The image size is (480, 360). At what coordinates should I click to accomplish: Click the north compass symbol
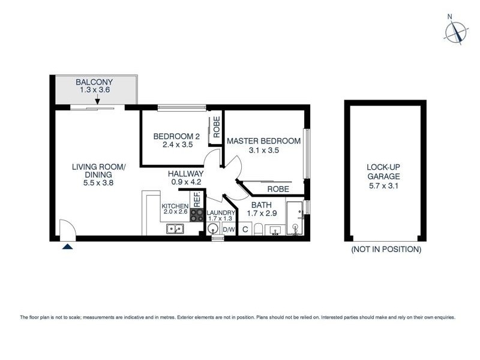click(455, 31)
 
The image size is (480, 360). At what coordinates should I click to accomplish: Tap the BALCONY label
click(94, 82)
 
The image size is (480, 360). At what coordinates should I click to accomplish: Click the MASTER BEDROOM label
click(263, 141)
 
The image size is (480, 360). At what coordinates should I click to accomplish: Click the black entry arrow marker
click(67, 245)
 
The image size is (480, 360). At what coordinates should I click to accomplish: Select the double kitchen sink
click(176, 229)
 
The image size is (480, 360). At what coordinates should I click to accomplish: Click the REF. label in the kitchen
click(196, 199)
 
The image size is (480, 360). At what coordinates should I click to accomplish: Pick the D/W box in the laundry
click(229, 230)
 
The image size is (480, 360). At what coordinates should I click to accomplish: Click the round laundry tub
click(213, 229)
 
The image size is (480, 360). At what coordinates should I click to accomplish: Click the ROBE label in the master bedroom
click(278, 189)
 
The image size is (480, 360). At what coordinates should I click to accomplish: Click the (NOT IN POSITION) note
click(386, 249)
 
